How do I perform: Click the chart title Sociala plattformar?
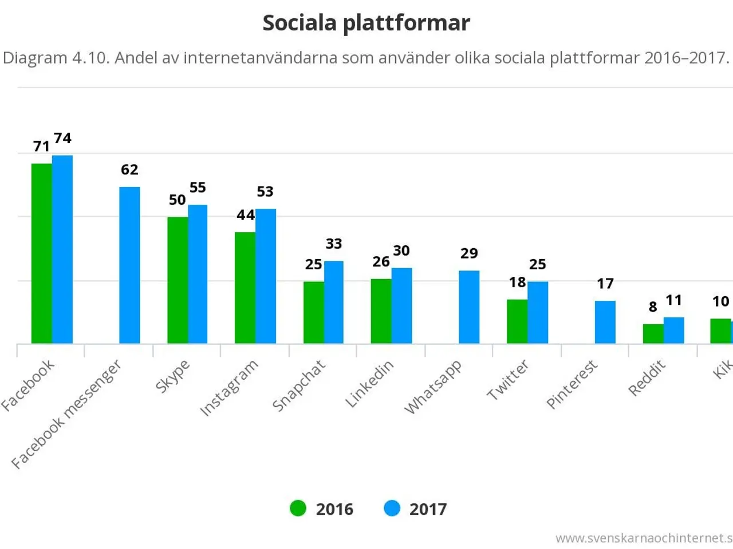(366, 23)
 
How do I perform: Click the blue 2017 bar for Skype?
(198, 274)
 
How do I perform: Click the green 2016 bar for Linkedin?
(381, 311)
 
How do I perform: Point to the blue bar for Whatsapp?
(469, 307)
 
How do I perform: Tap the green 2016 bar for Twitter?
(517, 321)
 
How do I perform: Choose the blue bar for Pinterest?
(605, 322)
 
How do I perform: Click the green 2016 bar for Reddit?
(653, 334)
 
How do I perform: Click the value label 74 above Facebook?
(62, 138)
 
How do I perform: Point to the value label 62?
(129, 170)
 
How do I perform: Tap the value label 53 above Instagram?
(265, 192)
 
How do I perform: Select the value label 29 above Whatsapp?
(469, 253)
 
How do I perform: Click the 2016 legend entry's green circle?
(298, 508)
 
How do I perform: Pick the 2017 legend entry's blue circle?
(392, 508)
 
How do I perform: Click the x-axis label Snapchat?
(299, 385)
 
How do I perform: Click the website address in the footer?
(644, 538)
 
